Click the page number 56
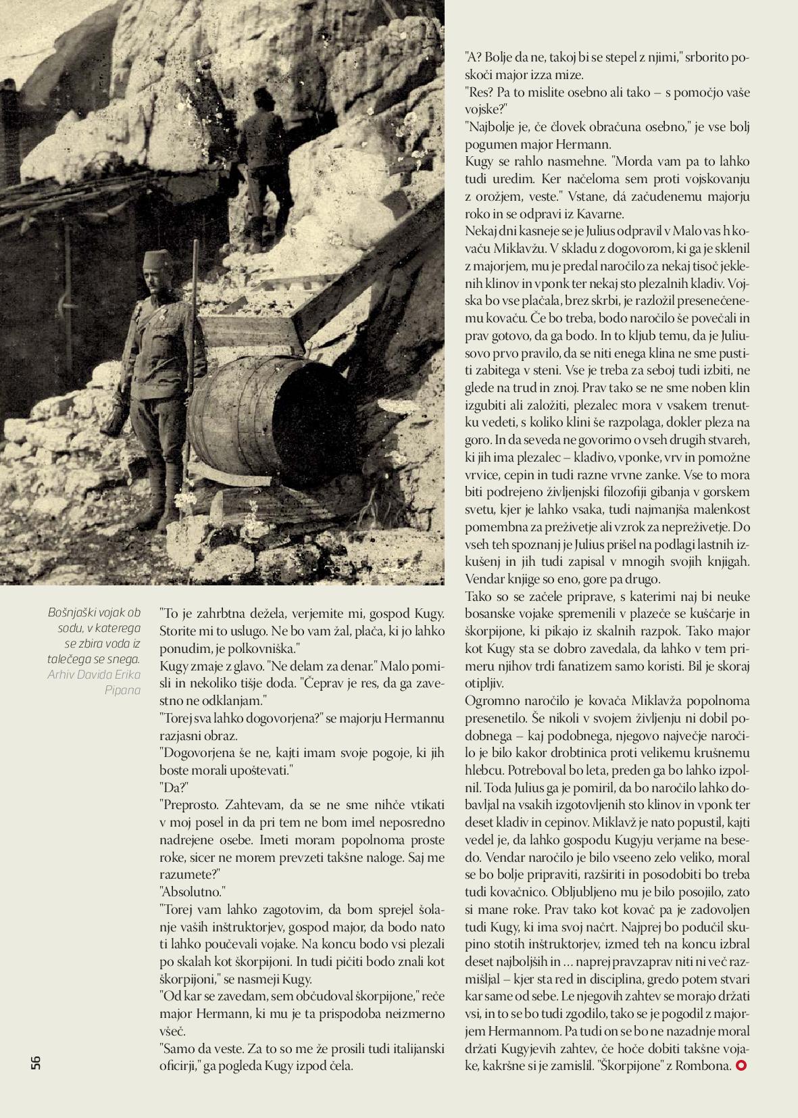tap(36, 1061)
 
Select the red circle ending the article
tap(742, 1066)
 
